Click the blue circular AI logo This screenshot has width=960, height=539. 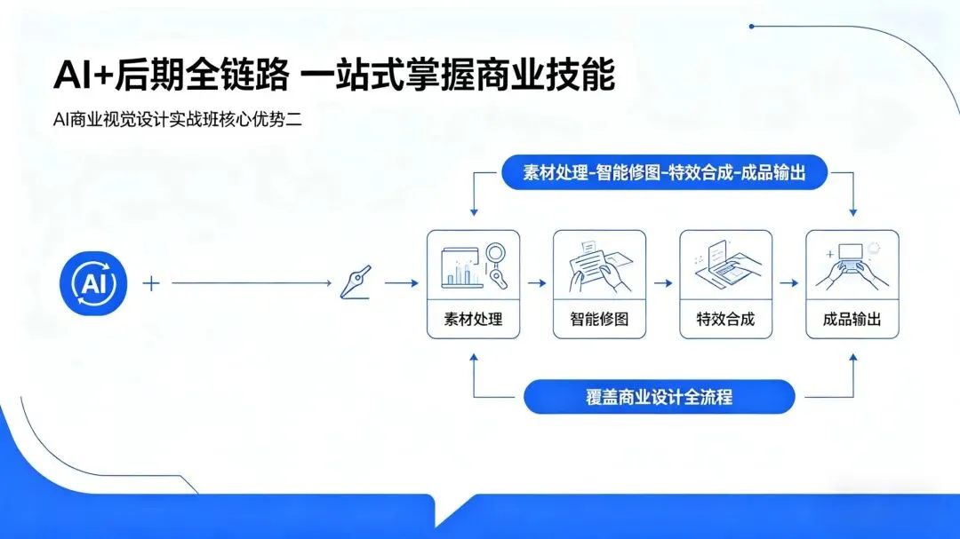(x=93, y=284)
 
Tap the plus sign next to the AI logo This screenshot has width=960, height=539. (x=152, y=284)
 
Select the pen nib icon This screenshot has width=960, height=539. (x=356, y=282)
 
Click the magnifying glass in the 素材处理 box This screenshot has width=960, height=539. (x=495, y=265)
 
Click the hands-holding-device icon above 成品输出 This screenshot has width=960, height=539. (x=851, y=265)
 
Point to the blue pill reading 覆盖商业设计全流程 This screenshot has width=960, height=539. (x=659, y=397)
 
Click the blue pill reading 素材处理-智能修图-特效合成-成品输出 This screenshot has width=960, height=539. (x=664, y=173)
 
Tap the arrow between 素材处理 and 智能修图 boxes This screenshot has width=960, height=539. (x=536, y=284)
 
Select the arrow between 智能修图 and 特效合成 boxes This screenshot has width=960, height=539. (x=662, y=284)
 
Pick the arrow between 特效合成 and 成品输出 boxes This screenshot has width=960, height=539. (x=788, y=284)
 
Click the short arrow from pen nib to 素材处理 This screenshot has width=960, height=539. (x=401, y=284)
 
